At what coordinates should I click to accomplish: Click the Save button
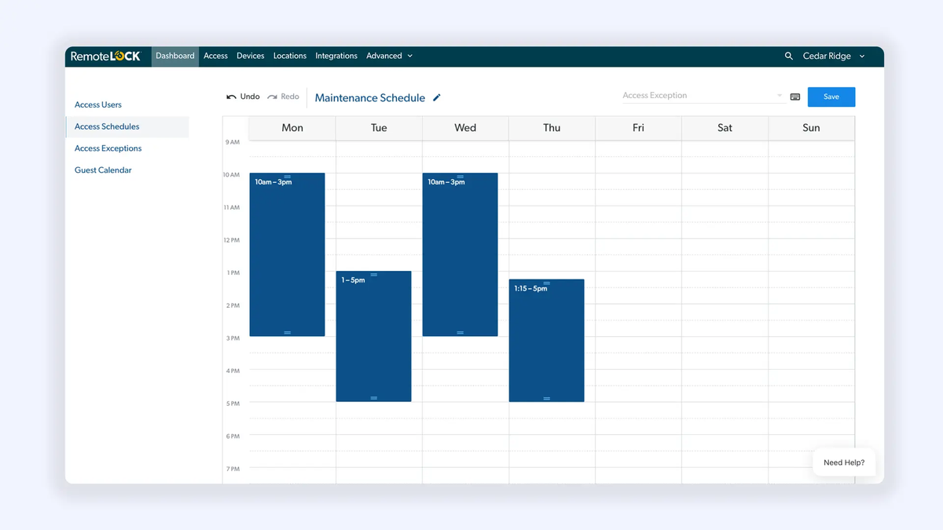[x=831, y=97]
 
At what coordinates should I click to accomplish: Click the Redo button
[x=284, y=97]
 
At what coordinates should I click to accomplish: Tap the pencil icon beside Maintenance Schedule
[x=437, y=97]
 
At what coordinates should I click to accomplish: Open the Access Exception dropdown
[x=702, y=96]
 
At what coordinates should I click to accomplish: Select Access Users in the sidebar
[x=98, y=104]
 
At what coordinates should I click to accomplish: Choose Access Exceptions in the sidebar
[x=108, y=148]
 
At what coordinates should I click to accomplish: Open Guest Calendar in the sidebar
[x=103, y=170]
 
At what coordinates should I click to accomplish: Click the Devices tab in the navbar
[x=250, y=56]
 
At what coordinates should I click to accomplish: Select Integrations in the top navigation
[x=336, y=56]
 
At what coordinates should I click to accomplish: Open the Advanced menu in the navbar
[x=389, y=56]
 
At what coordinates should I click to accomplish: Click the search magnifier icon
[x=789, y=56]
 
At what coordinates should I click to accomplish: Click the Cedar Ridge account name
[x=827, y=56]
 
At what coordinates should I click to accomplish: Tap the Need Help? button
[x=844, y=462]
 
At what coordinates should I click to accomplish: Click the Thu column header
[x=552, y=128]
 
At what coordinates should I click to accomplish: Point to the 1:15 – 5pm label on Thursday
[x=530, y=289]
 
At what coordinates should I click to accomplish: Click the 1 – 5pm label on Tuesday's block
[x=353, y=280]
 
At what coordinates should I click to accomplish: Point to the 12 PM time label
[x=232, y=240]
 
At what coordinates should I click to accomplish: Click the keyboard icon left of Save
[x=795, y=97]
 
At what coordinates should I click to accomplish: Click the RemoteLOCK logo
[x=105, y=56]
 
